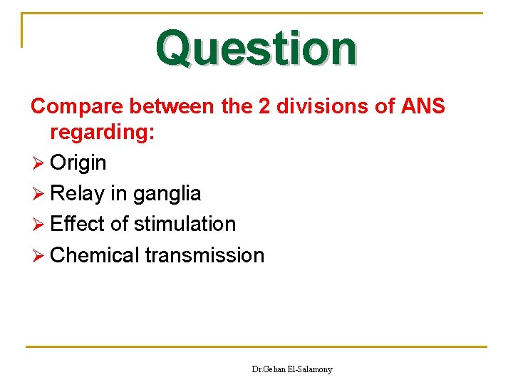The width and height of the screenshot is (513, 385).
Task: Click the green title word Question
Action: pyautogui.click(x=256, y=48)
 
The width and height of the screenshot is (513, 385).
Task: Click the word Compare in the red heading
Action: pyautogui.click(x=76, y=107)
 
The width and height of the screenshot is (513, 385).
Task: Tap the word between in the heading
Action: pyautogui.click(x=173, y=107)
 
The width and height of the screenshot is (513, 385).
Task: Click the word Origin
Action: pyautogui.click(x=78, y=163)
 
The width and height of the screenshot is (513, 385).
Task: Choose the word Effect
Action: pyautogui.click(x=77, y=224)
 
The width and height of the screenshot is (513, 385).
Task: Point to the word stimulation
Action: pyautogui.click(x=185, y=224)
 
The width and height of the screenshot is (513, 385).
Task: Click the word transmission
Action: pyautogui.click(x=204, y=255)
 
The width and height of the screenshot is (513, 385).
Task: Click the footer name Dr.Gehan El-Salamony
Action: pyautogui.click(x=292, y=369)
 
